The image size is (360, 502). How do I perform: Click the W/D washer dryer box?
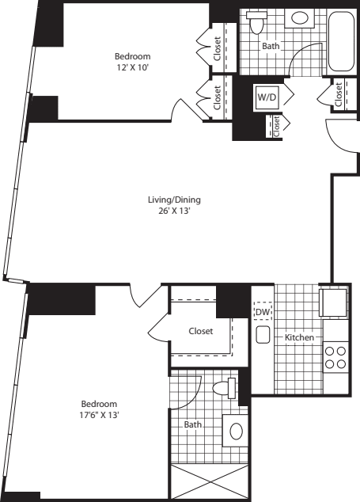coord(264,97)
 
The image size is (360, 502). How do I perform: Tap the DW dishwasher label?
coord(263,313)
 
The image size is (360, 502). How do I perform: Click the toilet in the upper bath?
coord(255,23)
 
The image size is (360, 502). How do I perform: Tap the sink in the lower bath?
coord(235,432)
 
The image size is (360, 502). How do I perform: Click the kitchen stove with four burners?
coord(335,356)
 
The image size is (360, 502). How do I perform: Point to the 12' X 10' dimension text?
coord(132,68)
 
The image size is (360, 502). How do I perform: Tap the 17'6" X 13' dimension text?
coord(99,414)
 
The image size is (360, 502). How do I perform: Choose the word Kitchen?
coord(300,338)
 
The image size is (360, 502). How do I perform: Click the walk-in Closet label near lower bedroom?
coord(200,331)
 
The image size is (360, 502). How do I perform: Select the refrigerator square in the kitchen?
coord(332,302)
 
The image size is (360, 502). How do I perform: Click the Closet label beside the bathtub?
coord(338,94)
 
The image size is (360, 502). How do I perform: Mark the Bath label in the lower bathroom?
coord(193,424)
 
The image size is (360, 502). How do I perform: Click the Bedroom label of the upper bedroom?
coord(132,57)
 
